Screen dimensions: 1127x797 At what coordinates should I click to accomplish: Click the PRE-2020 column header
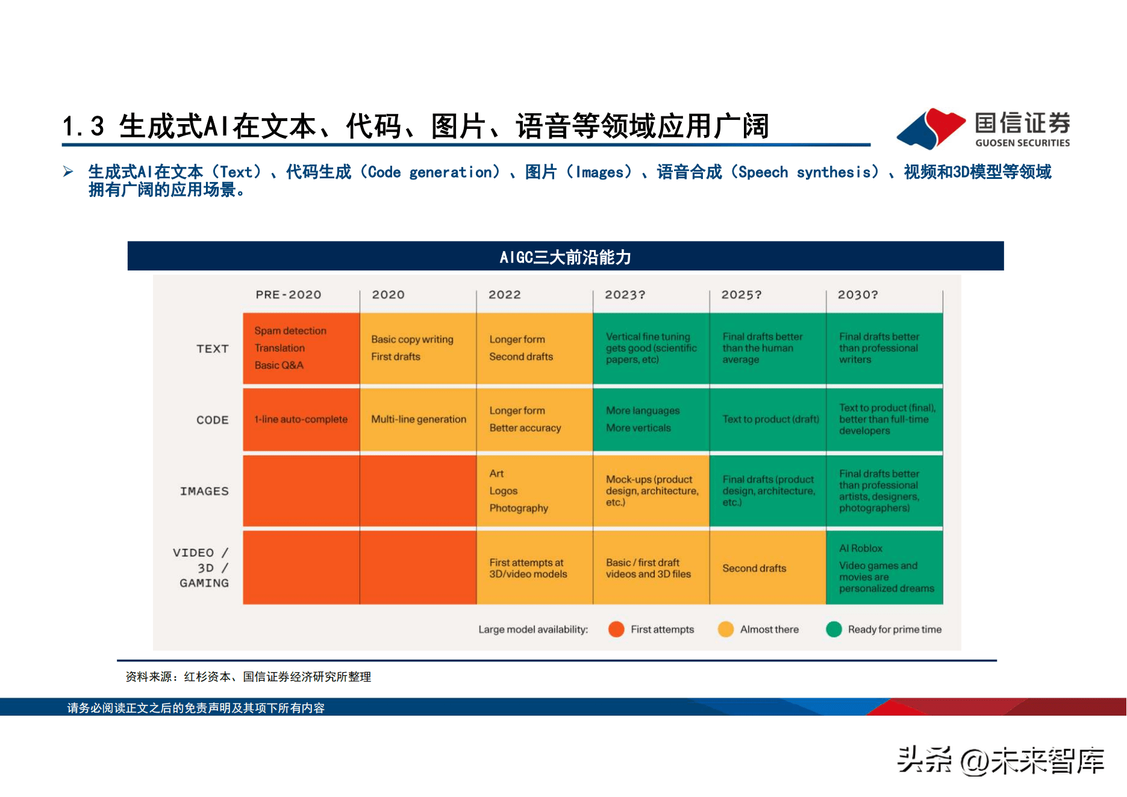coord(288,295)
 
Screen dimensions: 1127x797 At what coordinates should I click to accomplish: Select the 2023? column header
coord(625,295)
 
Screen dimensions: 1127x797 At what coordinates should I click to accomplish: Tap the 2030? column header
coord(858,295)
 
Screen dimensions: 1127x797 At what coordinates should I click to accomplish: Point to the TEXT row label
coord(213,349)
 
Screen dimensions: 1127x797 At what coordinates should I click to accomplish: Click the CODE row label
coord(213,420)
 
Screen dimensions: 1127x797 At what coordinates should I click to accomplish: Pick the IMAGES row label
coord(204,491)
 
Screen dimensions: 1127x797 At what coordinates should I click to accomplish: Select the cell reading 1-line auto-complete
coord(301,419)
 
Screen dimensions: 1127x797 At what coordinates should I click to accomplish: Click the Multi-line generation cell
coord(418,419)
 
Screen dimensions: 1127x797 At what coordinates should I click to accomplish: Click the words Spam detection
coord(290,331)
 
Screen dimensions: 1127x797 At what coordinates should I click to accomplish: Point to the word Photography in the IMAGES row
coord(519,508)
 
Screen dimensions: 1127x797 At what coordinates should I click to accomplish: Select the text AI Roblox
coord(861,548)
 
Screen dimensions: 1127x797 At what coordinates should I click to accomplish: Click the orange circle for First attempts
coord(616,629)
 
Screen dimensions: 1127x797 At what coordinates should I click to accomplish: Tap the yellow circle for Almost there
coord(726,629)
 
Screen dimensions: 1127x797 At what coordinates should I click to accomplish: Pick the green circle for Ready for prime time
coord(834,629)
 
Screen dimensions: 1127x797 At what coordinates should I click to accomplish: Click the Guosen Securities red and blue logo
coord(931,128)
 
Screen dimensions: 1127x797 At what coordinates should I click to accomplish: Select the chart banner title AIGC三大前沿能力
coord(566,257)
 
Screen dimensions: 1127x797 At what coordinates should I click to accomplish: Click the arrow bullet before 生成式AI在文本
coord(68,172)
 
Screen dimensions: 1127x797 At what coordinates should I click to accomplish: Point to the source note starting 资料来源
coord(248,677)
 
